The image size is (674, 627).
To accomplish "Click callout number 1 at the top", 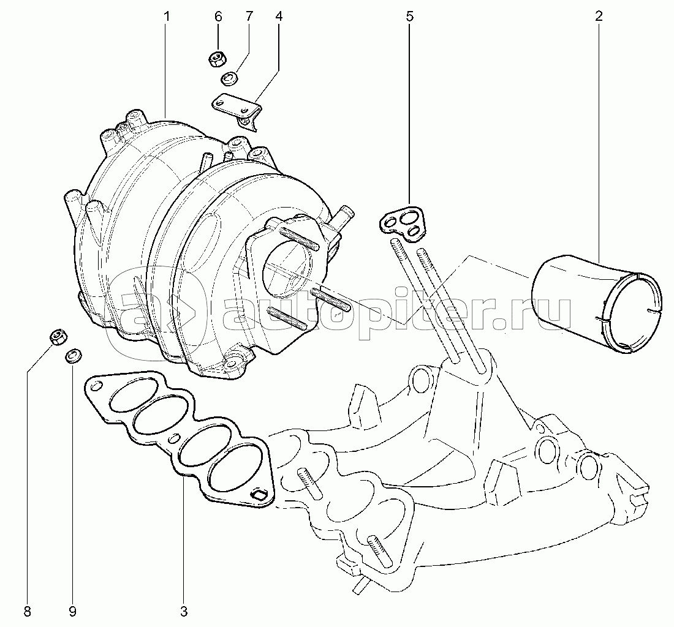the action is pos(166,17).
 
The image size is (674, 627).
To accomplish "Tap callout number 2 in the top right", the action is pos(599,17).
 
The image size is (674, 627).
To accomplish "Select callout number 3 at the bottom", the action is pos(184,612).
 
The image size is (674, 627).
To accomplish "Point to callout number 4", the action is pos(279,17).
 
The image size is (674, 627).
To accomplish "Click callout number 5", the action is pos(409,17).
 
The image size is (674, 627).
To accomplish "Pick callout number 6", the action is pos(218,17).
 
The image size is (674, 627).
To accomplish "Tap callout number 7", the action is pos(249,17).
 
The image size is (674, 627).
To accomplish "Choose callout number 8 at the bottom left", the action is pos(28,612).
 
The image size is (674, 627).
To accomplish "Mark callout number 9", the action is pos(72,612).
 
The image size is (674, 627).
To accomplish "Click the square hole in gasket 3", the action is pos(260,495).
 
